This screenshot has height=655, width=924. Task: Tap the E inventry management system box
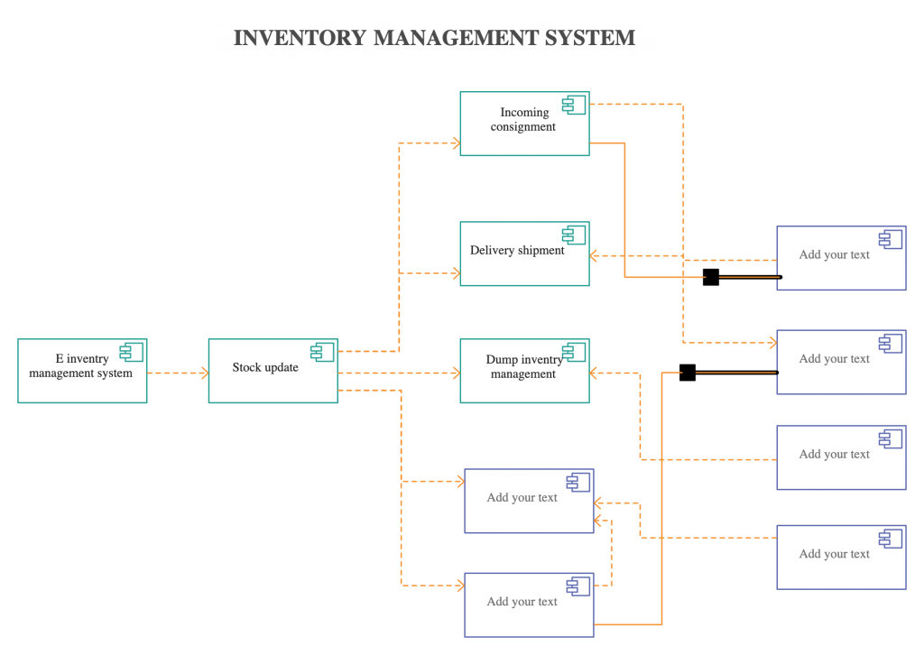point(82,371)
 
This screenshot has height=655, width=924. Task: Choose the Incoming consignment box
point(524,124)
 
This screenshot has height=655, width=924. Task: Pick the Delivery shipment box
point(524,254)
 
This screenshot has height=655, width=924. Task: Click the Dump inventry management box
point(524,371)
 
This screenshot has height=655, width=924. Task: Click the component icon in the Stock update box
point(322,352)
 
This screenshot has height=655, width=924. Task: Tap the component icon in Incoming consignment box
point(574,105)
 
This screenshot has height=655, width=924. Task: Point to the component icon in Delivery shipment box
point(574,235)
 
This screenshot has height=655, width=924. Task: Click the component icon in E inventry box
point(132,352)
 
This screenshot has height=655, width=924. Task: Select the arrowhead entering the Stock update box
point(203,373)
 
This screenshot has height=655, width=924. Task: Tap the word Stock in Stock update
point(246,367)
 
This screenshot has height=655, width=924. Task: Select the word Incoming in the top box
point(524,113)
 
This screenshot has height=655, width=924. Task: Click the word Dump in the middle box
point(502,360)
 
